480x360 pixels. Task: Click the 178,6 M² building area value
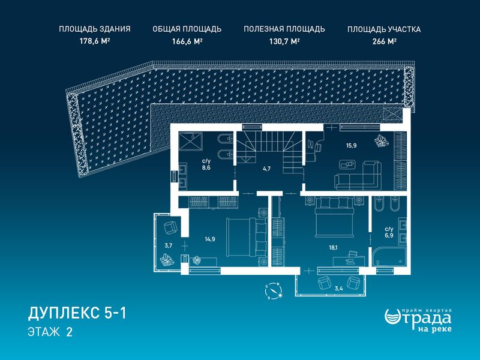pos(95,41)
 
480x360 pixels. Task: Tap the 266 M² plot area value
pos(385,41)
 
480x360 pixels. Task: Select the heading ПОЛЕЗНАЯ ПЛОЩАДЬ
pos(284,29)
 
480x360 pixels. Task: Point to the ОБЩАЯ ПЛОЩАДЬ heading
pos(187,29)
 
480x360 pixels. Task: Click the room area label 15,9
pos(351,145)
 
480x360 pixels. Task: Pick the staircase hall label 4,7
pos(266,169)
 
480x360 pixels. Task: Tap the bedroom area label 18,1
pos(334,248)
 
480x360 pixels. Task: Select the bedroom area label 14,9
pos(209,239)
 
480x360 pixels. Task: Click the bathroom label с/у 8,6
pos(206,164)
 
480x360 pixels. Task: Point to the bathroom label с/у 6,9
pos(389,232)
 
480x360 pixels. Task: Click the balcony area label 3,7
pos(169,245)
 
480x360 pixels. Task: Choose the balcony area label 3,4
pos(338,288)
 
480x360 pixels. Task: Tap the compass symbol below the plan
pos(274,291)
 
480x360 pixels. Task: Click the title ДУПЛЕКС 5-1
pos(77,314)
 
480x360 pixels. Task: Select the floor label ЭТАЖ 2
pos(50,332)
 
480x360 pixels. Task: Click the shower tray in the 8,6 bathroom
pos(191,141)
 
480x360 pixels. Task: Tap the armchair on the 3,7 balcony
pos(170,228)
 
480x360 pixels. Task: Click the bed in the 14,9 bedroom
pos(247,237)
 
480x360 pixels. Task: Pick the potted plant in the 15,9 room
pos(382,140)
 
